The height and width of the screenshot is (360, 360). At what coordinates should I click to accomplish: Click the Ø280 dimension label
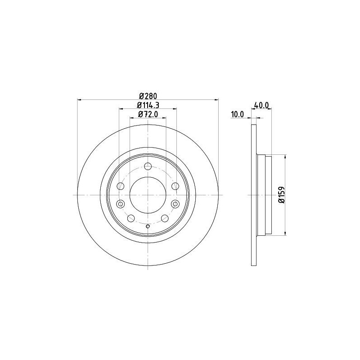[148, 95]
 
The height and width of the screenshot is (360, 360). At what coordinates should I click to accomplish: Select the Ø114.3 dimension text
[148, 105]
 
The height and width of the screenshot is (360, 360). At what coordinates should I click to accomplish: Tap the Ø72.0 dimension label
[148, 114]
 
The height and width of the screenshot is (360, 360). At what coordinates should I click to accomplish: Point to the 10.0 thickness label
[238, 114]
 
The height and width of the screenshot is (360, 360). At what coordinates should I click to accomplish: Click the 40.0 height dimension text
[261, 105]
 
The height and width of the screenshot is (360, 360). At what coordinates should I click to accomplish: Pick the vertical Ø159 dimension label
[282, 195]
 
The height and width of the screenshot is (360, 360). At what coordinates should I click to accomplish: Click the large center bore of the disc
[148, 195]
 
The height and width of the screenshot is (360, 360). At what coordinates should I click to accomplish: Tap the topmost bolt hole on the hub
[148, 166]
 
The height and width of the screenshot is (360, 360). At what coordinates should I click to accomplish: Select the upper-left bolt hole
[120, 186]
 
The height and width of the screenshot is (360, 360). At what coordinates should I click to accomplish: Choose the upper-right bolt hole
[175, 186]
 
